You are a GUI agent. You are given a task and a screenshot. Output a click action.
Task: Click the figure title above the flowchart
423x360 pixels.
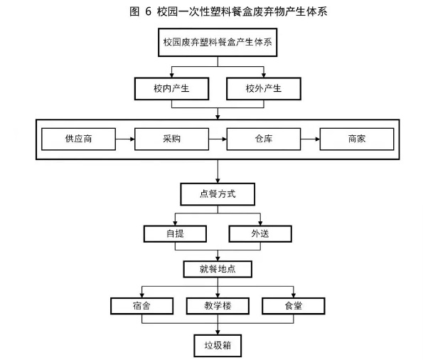[x=228, y=11]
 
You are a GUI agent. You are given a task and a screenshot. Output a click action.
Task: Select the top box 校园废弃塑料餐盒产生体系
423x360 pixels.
[x=218, y=43]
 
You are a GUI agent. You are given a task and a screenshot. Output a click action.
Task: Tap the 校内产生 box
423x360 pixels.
[x=171, y=89]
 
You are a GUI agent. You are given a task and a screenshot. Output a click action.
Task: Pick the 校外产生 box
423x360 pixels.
[x=264, y=89]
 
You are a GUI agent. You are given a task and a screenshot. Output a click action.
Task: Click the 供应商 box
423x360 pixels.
[x=78, y=139]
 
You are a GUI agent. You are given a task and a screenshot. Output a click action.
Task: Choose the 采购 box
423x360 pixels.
[x=171, y=139]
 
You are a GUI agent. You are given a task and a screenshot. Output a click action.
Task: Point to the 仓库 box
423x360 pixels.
[x=264, y=139]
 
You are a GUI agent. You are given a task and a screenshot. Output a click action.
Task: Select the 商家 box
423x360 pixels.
[x=357, y=139]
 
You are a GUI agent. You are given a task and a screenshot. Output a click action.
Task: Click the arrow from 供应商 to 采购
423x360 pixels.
[x=125, y=139]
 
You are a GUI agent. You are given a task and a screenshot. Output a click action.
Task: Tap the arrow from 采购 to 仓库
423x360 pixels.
[x=218, y=139]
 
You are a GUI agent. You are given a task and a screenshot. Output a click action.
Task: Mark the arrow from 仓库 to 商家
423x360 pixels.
[x=310, y=139]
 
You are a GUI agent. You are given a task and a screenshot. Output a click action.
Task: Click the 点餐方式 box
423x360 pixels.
[x=218, y=194]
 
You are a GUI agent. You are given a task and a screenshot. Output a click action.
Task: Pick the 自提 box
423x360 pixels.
[x=175, y=233]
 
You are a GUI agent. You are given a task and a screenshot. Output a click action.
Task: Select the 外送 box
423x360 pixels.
[x=260, y=233]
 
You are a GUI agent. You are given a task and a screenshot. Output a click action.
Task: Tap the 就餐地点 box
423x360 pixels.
[x=218, y=269]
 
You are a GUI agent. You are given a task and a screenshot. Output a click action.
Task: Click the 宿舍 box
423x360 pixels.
[x=141, y=306]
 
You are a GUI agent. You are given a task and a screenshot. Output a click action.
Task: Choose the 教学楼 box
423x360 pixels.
[x=218, y=306]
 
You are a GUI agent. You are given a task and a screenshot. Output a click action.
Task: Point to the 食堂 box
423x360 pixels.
[x=293, y=306]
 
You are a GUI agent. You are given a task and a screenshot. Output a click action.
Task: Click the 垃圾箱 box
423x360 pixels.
[x=218, y=346]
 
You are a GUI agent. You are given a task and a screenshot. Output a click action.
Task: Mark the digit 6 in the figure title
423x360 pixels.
[x=148, y=11]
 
